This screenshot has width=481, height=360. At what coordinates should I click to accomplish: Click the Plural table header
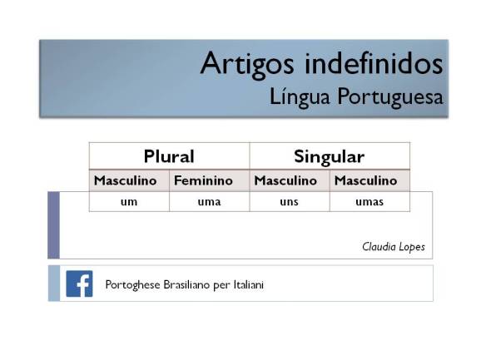click(x=169, y=155)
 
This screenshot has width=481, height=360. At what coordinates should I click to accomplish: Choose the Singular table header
click(x=329, y=155)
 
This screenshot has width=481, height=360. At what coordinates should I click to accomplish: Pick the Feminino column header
click(x=203, y=180)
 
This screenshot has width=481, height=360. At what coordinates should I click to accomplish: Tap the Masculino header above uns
click(x=285, y=180)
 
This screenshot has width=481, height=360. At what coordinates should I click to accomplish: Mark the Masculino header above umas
click(x=365, y=180)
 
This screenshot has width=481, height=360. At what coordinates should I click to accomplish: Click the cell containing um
click(x=129, y=202)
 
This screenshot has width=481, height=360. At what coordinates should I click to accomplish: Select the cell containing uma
click(x=209, y=202)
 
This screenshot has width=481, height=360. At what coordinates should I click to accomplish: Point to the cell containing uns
click(x=289, y=202)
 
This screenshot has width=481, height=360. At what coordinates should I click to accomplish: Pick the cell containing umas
click(x=369, y=202)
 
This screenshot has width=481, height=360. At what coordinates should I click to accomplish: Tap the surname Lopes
click(x=412, y=248)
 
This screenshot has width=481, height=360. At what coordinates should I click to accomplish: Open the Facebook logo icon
click(x=79, y=284)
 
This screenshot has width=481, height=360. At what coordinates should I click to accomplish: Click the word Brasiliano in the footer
click(x=192, y=284)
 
